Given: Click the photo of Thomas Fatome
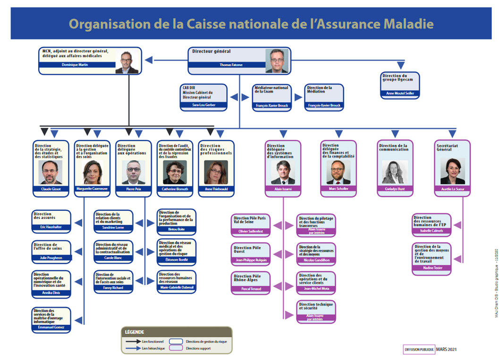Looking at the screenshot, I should [277, 61].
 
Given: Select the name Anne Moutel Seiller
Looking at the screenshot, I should [400, 94].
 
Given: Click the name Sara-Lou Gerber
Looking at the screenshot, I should [203, 105].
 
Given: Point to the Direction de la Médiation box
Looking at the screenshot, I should [324, 97].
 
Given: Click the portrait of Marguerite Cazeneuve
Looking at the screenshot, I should [93, 172].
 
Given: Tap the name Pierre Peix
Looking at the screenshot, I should [133, 189].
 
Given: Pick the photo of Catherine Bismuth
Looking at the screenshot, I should [174, 172].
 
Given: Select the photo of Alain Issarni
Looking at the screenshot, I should [282, 172].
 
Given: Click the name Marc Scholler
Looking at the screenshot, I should [338, 189].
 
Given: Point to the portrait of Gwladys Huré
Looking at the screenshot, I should [394, 172].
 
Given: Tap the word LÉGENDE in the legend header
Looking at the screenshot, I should [135, 332].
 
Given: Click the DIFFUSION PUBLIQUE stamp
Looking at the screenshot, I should [415, 349].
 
